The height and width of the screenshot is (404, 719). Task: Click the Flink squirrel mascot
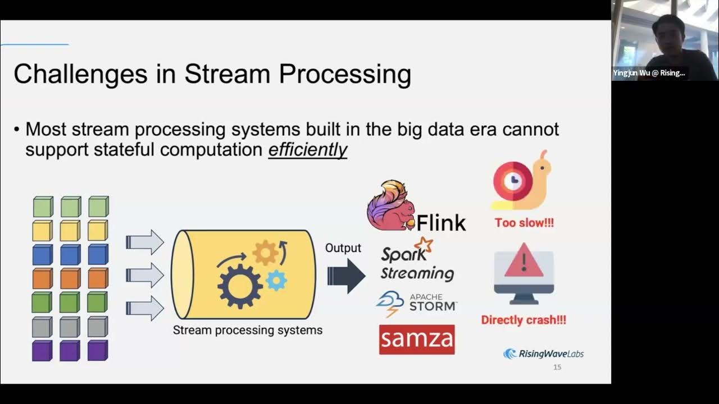tap(391, 206)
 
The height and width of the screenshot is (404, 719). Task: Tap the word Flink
tap(441, 223)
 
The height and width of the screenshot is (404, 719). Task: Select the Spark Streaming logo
tap(417, 260)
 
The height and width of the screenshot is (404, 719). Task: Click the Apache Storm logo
tap(417, 303)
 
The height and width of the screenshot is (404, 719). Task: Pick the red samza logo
tap(417, 339)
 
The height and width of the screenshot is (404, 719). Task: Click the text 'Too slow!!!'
tap(524, 223)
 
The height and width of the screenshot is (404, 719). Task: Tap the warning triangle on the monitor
tap(524, 261)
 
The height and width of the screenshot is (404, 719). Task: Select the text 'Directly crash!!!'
tap(524, 320)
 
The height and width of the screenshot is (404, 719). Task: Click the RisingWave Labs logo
tap(543, 353)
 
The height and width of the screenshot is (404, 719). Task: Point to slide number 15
tap(557, 367)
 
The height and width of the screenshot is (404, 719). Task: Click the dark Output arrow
tap(346, 276)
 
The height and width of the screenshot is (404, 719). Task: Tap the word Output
tap(343, 248)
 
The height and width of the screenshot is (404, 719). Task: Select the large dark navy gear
tap(240, 286)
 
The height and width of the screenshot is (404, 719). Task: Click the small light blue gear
tap(276, 279)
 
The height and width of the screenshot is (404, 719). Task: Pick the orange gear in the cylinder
tap(265, 254)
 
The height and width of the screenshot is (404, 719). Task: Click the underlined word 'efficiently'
tap(307, 150)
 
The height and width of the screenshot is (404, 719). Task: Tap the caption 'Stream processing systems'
tap(247, 330)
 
